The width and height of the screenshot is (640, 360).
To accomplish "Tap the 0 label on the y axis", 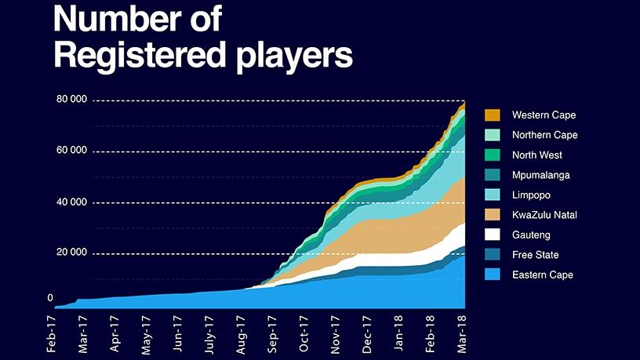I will pyautogui.click(x=50, y=298).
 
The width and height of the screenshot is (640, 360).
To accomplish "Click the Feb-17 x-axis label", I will pyautogui.click(x=52, y=334).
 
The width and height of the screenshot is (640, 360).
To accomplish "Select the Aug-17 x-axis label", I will pyautogui.click(x=241, y=334).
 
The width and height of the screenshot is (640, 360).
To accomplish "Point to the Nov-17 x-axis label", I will pyautogui.click(x=336, y=334).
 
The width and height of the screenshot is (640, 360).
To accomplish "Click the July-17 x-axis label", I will pyautogui.click(x=209, y=333).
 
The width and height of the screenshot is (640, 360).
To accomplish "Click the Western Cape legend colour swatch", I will pyautogui.click(x=493, y=115).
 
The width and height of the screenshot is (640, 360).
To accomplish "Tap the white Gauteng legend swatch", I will pyautogui.click(x=493, y=235).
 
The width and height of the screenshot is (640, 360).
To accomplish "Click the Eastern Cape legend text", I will pyautogui.click(x=542, y=275).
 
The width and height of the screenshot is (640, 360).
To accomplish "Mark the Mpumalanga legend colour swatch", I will pyautogui.click(x=493, y=175).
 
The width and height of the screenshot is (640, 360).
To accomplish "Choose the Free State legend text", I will pyautogui.click(x=534, y=255).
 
